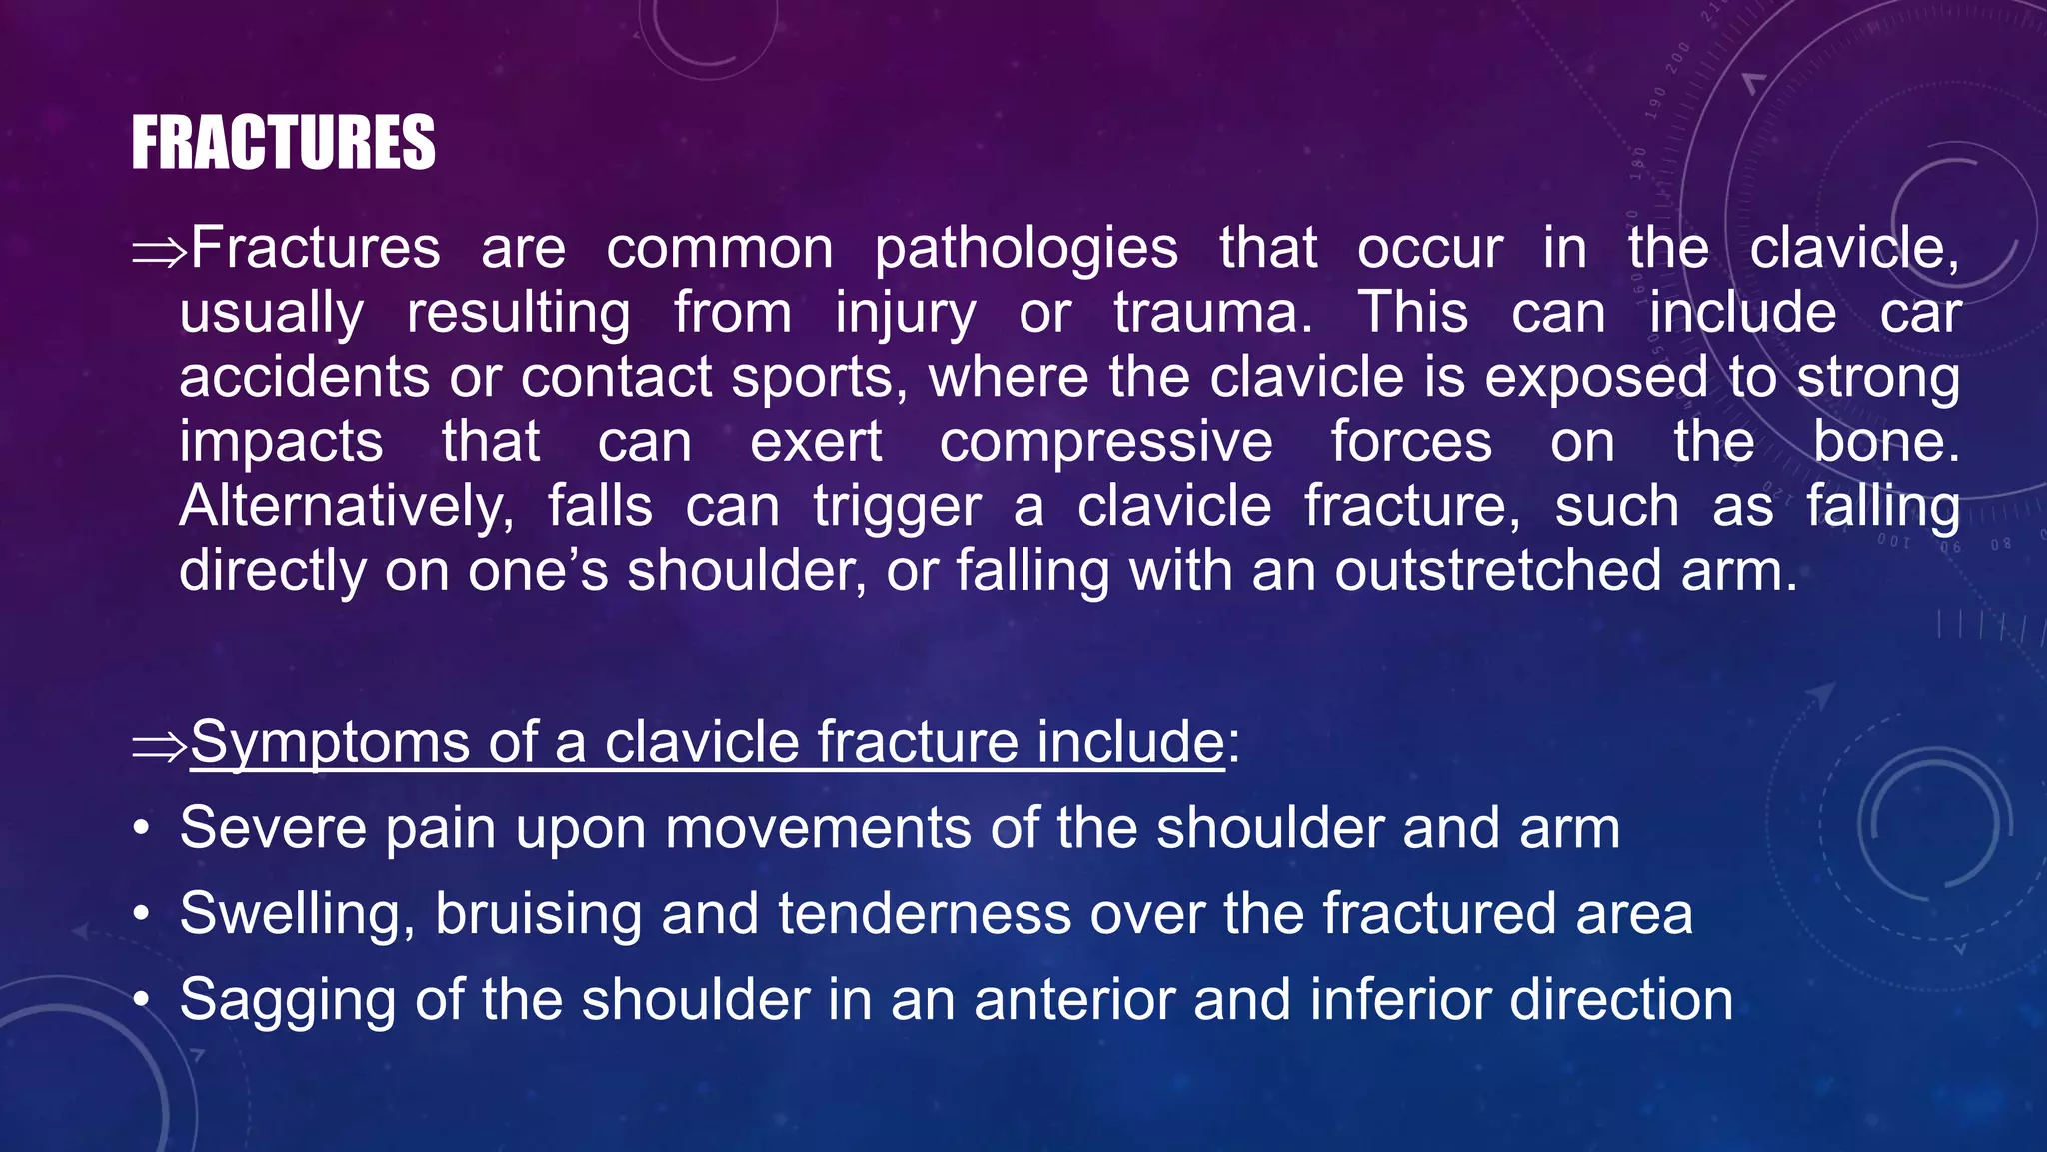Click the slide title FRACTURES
283,143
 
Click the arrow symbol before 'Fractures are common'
160,251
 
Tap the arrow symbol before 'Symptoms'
160,745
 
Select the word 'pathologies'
1025,250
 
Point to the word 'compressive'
1105,442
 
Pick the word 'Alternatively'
346,507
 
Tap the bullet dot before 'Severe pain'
144,829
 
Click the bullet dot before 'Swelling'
144,914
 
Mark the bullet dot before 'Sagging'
144,1000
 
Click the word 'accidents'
305,378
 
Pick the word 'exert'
816,442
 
